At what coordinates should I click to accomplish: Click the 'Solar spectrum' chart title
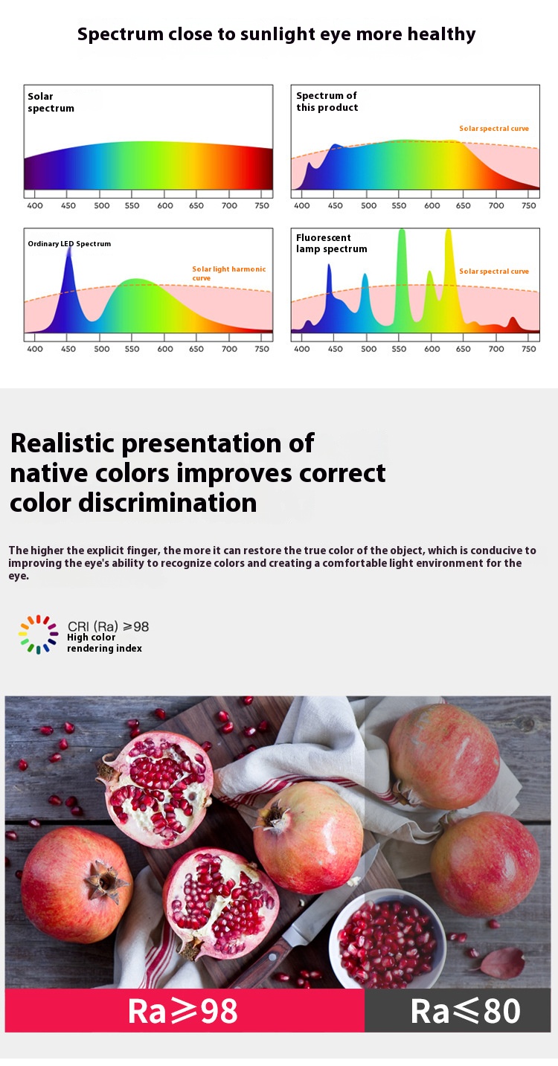click(x=51, y=102)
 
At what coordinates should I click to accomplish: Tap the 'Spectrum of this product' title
click(x=327, y=101)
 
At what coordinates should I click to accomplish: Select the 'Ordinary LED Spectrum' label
click(x=69, y=244)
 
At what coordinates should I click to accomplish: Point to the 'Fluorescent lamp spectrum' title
click(x=331, y=243)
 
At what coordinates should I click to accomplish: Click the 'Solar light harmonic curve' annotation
click(x=229, y=273)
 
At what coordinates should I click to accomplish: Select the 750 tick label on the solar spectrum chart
click(x=262, y=205)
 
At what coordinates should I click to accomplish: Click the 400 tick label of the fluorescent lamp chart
click(x=302, y=349)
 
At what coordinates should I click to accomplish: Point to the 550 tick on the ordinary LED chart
click(x=132, y=349)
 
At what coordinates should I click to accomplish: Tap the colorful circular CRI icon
click(x=38, y=635)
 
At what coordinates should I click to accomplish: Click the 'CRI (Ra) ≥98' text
click(x=109, y=626)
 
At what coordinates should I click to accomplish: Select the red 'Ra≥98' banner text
click(x=183, y=1011)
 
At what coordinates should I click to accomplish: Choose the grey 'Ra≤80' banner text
click(x=466, y=1011)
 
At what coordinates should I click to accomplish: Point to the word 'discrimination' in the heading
click(x=167, y=503)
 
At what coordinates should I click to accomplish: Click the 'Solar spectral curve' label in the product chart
click(x=494, y=129)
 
